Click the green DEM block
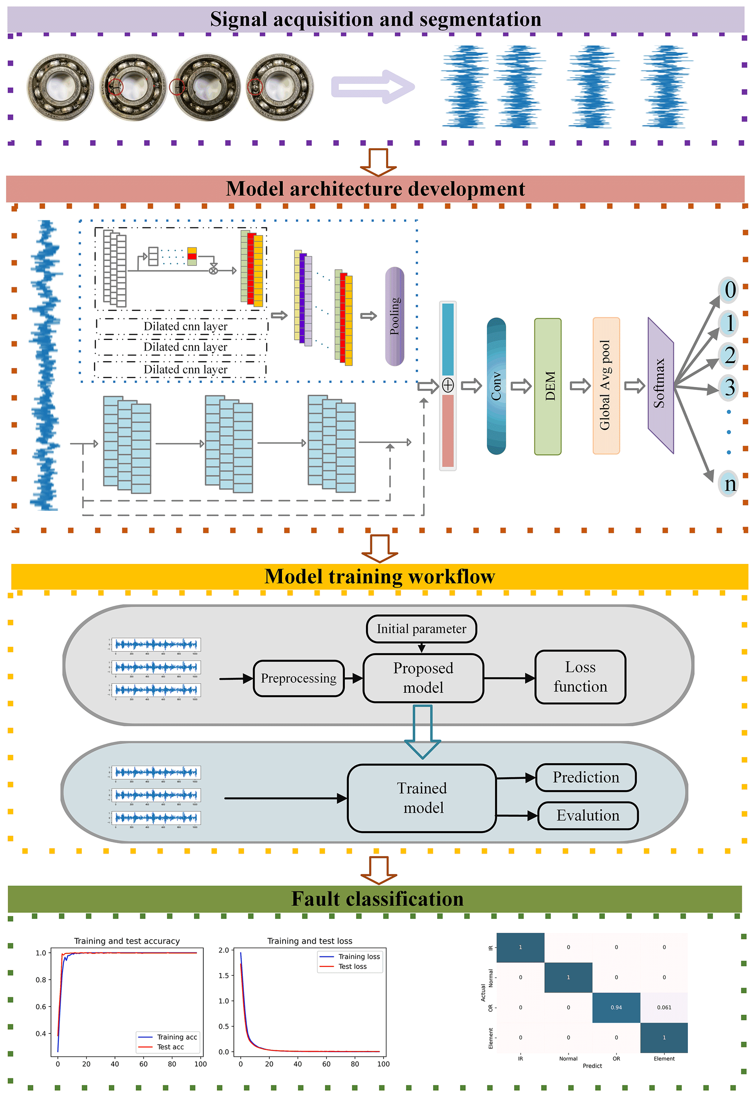click(548, 386)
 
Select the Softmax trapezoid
click(660, 386)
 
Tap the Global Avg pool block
click(606, 386)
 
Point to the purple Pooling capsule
click(394, 317)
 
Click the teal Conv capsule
click(496, 386)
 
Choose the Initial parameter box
click(421, 629)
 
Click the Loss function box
click(580, 677)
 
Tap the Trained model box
click(422, 798)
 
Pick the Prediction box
click(586, 777)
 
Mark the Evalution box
click(588, 816)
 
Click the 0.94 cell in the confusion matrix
click(616, 1008)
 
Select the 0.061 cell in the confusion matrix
click(664, 1008)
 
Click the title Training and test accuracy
click(127, 941)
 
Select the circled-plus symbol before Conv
click(447, 386)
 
